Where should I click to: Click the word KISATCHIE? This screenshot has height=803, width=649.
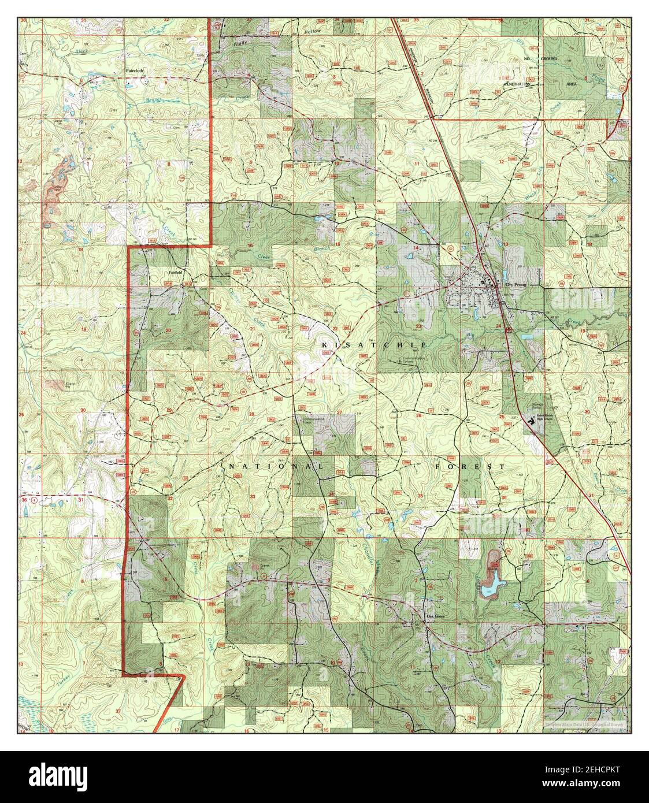(x=374, y=345)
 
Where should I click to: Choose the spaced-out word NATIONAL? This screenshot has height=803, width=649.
(x=276, y=466)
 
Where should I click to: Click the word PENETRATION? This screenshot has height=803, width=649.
(x=517, y=84)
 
